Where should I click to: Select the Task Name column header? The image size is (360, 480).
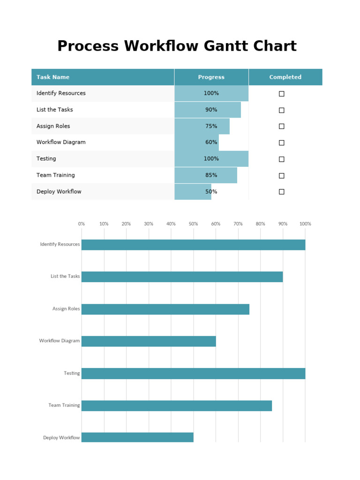click(x=53, y=77)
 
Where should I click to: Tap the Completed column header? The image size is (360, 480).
click(x=285, y=77)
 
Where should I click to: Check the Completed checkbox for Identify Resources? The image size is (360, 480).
click(x=282, y=94)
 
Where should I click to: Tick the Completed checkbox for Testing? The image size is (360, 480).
click(x=282, y=159)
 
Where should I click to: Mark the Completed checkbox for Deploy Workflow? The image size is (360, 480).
click(x=282, y=192)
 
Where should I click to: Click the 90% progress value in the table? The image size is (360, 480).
click(x=211, y=110)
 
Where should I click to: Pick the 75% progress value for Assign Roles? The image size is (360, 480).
click(x=211, y=126)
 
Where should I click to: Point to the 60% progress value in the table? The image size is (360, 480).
click(x=211, y=142)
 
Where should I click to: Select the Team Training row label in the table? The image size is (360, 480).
click(x=55, y=175)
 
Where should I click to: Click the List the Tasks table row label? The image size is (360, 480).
click(x=54, y=110)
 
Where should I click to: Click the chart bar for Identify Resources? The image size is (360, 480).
click(x=193, y=245)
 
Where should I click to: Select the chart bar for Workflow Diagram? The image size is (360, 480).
click(x=149, y=341)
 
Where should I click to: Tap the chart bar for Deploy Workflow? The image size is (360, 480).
click(x=137, y=437)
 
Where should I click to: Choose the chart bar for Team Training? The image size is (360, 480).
click(x=177, y=405)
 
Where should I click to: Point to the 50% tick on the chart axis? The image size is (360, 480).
click(x=193, y=224)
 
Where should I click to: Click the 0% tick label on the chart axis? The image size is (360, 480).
click(x=82, y=224)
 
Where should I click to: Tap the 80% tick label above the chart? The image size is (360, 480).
click(x=260, y=224)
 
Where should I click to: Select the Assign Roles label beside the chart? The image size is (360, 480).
click(x=66, y=309)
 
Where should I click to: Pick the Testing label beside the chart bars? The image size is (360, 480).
click(x=72, y=374)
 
